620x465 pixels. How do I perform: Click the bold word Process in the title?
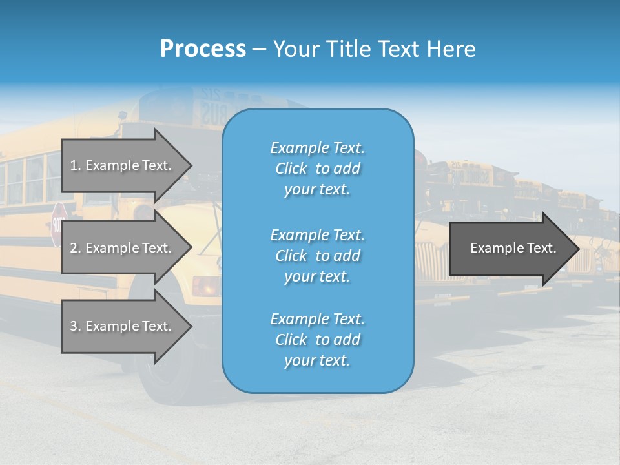tap(203, 49)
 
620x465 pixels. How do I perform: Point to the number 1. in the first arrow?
tap(76, 165)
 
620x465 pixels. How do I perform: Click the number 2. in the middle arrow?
tap(76, 248)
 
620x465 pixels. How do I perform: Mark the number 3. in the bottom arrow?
tap(76, 326)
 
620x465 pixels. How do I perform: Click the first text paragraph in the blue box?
tap(317, 169)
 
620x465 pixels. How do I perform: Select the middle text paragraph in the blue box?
tap(317, 256)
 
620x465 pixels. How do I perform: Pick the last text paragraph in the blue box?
tap(317, 340)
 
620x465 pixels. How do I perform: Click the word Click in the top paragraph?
tap(291, 169)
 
